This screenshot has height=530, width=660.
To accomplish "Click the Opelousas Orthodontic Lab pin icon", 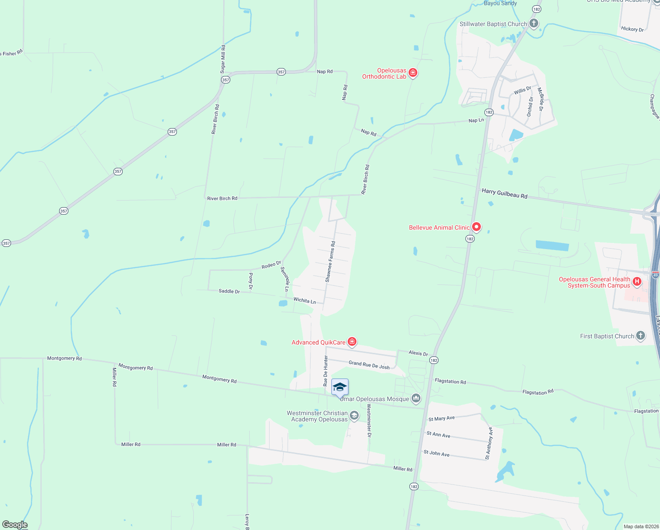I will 413,72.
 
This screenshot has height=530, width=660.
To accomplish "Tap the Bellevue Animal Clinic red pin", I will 476,227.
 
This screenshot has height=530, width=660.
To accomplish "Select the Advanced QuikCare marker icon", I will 352,341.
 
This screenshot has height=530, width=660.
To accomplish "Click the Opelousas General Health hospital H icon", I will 637,281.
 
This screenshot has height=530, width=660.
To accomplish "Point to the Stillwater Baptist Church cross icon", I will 534,23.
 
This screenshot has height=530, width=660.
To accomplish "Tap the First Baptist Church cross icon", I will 641,336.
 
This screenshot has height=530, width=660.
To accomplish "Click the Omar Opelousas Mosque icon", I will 416,399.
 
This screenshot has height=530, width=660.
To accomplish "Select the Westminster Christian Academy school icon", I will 354,415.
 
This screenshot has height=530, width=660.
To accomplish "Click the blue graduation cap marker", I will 340,387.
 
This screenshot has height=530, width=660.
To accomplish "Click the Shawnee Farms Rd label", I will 330,261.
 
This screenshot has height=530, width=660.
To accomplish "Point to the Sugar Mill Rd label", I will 223,59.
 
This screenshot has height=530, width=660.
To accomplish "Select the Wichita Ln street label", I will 304,300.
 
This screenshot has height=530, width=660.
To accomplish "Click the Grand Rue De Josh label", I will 369,365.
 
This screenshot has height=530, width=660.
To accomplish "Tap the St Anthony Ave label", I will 489,443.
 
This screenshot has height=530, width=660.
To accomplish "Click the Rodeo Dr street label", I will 271,265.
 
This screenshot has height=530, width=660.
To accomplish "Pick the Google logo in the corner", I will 15,525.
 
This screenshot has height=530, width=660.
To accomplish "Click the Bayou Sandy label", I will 500,3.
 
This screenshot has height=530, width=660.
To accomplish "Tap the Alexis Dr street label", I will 418,353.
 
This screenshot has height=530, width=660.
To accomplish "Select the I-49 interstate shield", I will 655,275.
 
